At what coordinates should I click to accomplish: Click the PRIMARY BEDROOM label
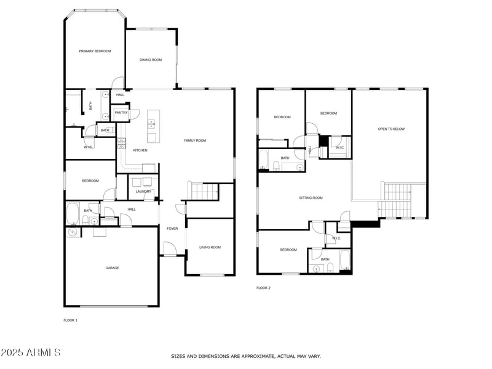click(x=95, y=51)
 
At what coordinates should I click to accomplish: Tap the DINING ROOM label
click(x=150, y=60)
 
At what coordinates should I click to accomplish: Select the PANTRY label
click(x=121, y=113)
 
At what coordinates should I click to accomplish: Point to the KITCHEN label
click(x=140, y=150)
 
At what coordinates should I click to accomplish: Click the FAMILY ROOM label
click(x=195, y=140)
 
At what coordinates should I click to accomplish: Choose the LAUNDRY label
click(x=143, y=192)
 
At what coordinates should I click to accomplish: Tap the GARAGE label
click(x=112, y=267)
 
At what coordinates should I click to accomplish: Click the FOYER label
click(x=172, y=229)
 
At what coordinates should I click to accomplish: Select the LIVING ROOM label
click(x=210, y=247)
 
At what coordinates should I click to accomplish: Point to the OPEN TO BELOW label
click(x=391, y=129)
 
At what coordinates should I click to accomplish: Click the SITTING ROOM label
click(x=311, y=198)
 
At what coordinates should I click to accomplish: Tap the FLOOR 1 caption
click(x=71, y=320)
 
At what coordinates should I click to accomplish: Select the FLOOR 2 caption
click(x=263, y=288)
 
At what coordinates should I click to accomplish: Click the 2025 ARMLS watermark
click(x=31, y=353)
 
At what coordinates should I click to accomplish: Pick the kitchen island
click(x=152, y=126)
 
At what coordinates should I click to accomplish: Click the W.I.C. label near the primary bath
click(x=88, y=147)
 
